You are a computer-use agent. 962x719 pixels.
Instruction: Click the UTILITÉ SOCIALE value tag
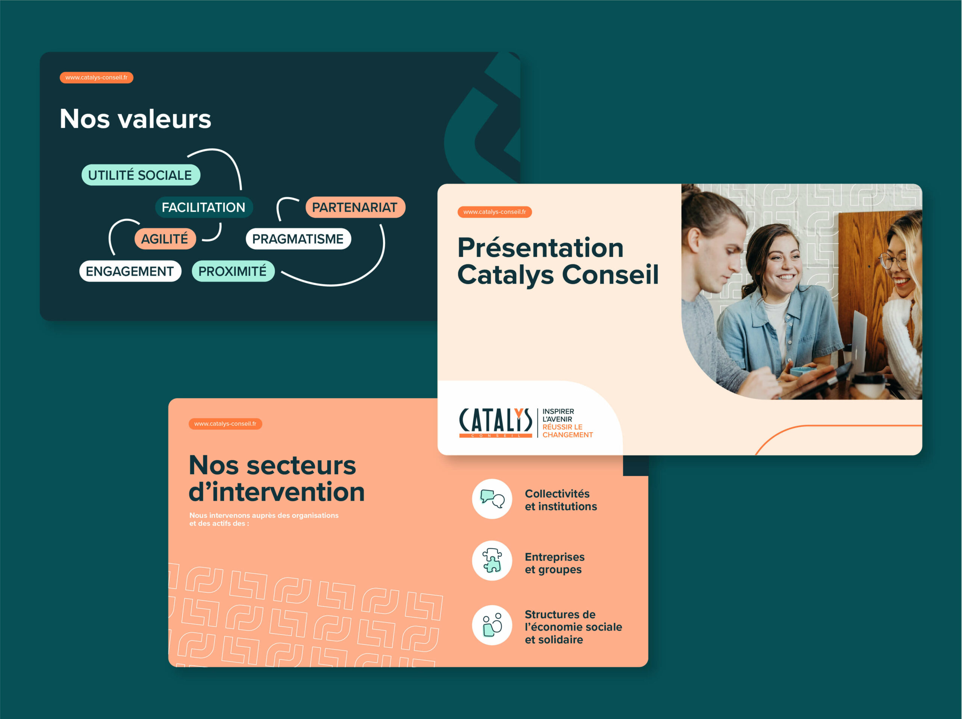141,175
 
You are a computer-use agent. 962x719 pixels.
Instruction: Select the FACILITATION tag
204,207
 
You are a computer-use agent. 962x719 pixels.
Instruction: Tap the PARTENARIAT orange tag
355,207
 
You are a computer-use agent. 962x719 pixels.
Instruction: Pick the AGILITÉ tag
165,239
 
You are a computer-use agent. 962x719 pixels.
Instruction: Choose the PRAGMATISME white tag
298,239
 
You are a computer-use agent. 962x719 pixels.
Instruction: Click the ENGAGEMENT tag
130,271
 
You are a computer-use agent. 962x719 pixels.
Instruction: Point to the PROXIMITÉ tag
233,271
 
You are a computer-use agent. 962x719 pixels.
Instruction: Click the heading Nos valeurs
135,119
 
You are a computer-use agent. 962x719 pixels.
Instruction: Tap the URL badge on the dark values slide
97,77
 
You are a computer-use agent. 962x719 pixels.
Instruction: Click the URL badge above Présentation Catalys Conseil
495,212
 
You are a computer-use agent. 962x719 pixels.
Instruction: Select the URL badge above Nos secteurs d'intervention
225,424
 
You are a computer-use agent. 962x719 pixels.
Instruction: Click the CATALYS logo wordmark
495,422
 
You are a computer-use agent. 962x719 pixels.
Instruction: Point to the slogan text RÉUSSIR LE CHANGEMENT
567,431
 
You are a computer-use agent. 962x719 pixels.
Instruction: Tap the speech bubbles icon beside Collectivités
492,499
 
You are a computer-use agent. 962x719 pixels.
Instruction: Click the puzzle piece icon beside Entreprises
492,561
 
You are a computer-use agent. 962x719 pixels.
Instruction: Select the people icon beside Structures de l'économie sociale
492,625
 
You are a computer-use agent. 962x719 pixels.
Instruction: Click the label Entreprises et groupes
555,563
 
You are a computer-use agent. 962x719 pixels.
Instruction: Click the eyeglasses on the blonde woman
894,261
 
